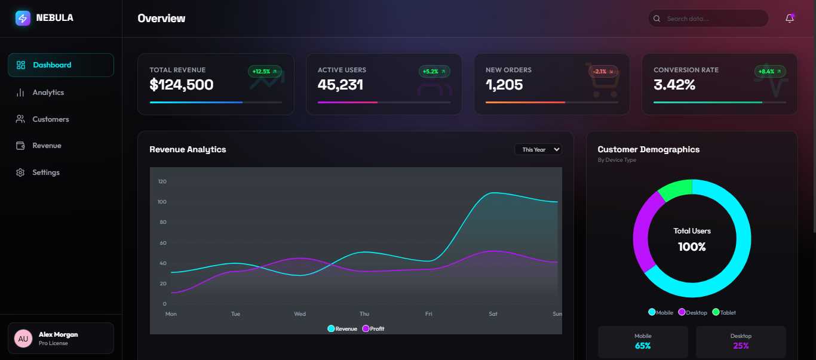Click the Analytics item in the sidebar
point(48,93)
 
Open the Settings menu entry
point(46,173)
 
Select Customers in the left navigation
point(50,119)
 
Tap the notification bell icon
point(790,19)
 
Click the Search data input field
point(714,19)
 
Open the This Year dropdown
point(538,149)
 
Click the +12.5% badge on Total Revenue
point(265,72)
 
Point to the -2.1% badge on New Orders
point(600,72)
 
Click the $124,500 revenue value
point(182,85)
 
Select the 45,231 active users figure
point(340,85)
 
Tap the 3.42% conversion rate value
point(674,85)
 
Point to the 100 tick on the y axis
point(162,202)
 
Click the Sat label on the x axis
point(493,314)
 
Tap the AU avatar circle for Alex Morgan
point(23,339)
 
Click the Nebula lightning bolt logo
point(23,18)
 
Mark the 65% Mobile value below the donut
point(643,346)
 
